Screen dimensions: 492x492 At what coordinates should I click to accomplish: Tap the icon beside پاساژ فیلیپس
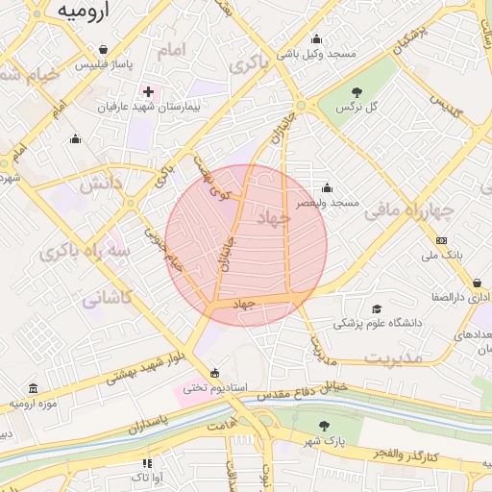point(103,47)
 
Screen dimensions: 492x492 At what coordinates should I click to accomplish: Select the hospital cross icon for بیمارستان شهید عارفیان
point(148,91)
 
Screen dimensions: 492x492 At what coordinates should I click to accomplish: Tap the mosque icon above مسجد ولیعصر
point(328,187)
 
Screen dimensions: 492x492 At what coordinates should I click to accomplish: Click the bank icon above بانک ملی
point(441,240)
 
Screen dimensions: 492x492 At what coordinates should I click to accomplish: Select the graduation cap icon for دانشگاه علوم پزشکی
point(377,308)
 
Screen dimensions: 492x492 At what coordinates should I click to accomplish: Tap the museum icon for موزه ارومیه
point(35,389)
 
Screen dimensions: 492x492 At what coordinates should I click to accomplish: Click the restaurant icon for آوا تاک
point(146,463)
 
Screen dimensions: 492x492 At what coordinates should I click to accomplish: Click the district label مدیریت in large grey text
point(394,357)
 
